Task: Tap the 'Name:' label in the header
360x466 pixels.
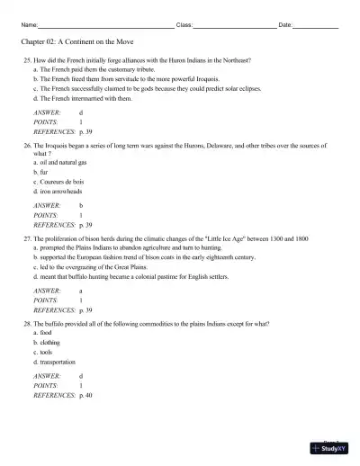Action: click(29, 25)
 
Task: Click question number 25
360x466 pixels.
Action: click(27, 59)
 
